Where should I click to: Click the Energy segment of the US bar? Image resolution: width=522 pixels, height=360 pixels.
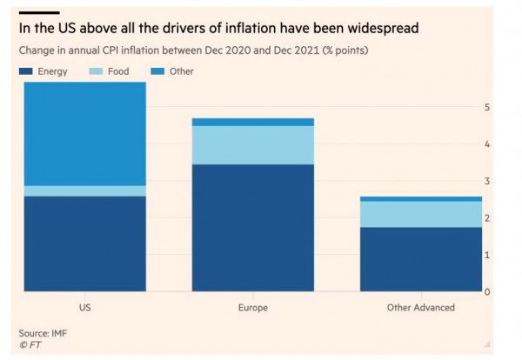84,243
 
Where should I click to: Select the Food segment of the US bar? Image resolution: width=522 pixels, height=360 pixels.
84,190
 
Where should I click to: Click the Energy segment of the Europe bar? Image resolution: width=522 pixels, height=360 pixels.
252,227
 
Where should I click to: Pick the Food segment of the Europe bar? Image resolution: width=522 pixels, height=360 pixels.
252,145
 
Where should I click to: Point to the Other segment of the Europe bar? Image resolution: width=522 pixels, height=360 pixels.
252,122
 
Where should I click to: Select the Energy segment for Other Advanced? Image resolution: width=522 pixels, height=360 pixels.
420,259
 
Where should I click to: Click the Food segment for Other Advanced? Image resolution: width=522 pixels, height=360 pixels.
420,214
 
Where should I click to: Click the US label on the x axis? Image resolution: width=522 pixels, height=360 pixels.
84,308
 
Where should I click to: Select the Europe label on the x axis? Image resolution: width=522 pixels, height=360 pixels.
252,308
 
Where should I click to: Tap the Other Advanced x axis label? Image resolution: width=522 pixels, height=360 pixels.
420,308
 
